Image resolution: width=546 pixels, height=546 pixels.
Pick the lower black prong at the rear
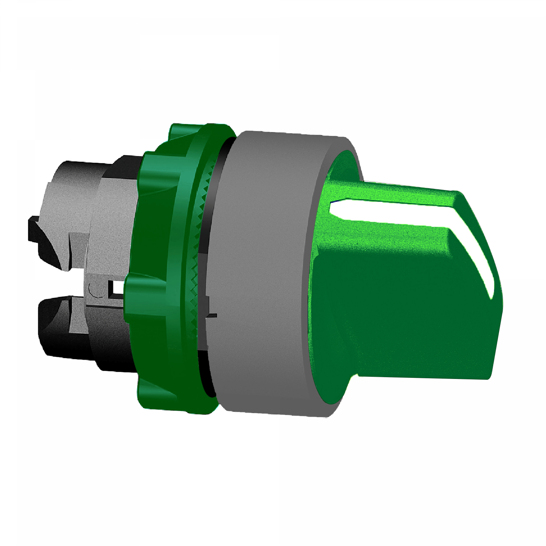coord(55,320)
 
